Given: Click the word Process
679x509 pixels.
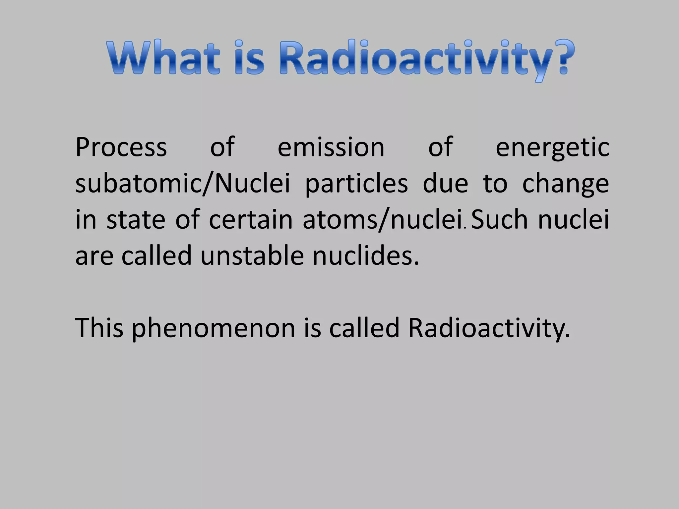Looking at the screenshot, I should [121, 147].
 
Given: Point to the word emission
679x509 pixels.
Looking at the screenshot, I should [331, 147].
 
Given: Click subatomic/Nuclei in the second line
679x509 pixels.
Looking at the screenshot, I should [183, 184].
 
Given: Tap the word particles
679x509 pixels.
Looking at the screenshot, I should [356, 184].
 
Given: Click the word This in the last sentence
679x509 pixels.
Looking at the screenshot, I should [99, 328].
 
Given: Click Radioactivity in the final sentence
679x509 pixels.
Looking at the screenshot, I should [489, 328].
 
